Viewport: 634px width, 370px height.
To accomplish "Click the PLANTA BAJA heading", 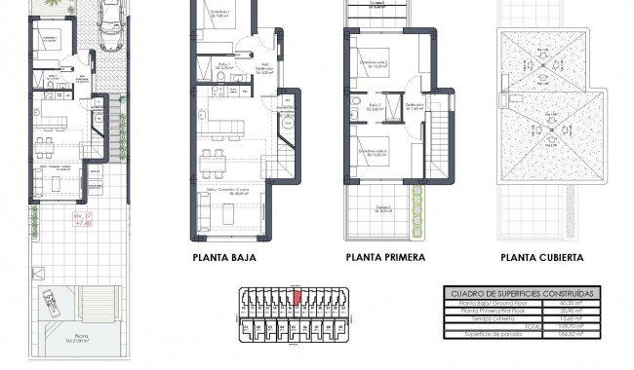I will click(x=231, y=258).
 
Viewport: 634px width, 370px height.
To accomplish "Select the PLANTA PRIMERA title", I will click(x=385, y=258).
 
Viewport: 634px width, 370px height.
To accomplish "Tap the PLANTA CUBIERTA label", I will click(x=541, y=258).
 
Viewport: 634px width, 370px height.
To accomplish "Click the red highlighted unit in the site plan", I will click(x=297, y=298).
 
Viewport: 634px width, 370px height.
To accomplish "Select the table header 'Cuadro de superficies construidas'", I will click(x=522, y=293).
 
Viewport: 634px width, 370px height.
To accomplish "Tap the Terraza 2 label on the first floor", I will click(x=384, y=208).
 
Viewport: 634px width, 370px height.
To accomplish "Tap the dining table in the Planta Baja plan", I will click(x=213, y=157).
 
